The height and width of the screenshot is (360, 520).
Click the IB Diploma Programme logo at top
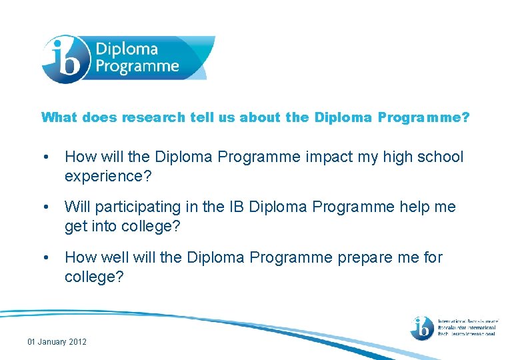(127, 59)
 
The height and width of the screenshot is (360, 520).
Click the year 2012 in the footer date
(77, 342)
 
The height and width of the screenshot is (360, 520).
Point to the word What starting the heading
(59, 117)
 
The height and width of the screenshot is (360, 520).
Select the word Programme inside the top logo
(137, 66)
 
